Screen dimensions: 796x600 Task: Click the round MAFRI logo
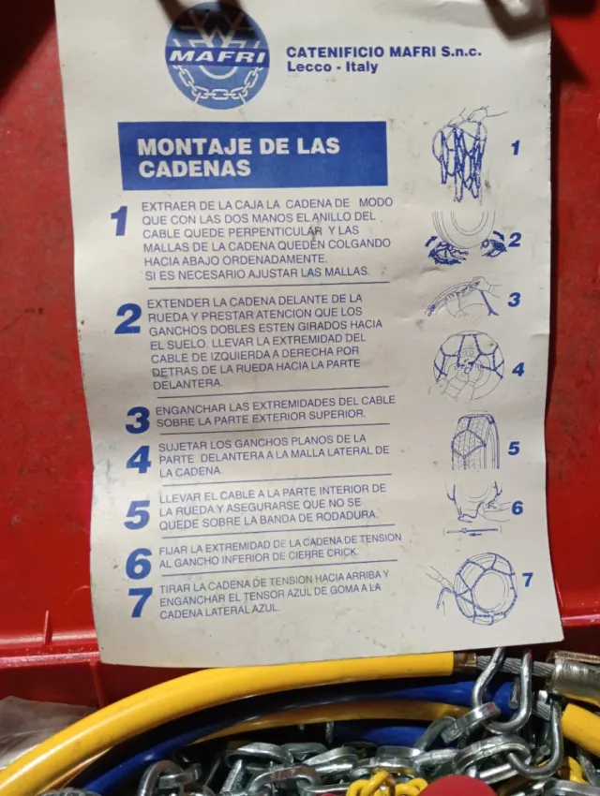click(x=217, y=55)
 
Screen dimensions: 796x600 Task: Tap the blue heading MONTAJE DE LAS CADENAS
click(x=252, y=155)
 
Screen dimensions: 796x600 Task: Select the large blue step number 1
click(x=119, y=222)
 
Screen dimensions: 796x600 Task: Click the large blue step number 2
click(x=127, y=319)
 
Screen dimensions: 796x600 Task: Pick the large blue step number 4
click(x=139, y=460)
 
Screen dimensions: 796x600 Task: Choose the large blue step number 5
click(x=137, y=514)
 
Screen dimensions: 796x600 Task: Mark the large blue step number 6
click(x=139, y=564)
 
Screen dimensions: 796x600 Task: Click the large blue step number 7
click(x=141, y=601)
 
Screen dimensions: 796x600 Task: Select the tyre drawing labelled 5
click(x=474, y=441)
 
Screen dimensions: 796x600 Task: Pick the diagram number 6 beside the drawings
click(x=517, y=509)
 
